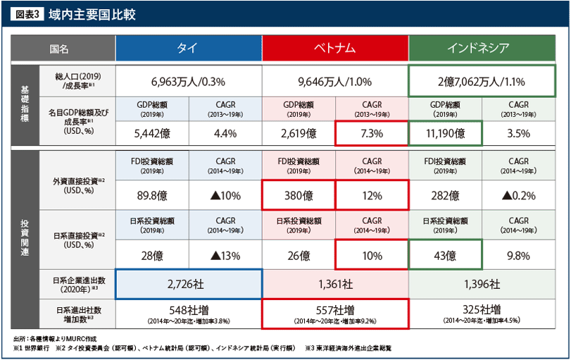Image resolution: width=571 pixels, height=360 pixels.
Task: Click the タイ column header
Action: coord(188,48)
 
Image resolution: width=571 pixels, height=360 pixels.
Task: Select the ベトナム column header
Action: coord(335,48)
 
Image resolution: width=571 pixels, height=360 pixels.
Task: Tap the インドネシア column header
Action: coord(482,48)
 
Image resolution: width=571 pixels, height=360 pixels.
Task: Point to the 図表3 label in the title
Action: coord(27,13)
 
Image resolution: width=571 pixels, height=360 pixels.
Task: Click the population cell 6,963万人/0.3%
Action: coord(188,81)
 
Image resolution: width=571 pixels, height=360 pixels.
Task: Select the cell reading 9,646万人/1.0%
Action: coord(335,81)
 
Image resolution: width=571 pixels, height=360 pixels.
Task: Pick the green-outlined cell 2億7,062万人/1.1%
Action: coord(482,81)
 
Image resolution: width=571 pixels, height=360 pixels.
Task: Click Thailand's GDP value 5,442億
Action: coord(152,132)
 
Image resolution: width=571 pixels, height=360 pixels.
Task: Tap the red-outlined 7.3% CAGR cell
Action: coord(372,132)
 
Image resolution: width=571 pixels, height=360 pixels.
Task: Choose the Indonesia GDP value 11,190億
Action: coord(446,132)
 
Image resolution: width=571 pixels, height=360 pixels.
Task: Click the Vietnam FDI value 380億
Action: coord(299,195)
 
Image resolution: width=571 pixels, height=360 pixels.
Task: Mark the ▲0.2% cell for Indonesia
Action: coord(519,195)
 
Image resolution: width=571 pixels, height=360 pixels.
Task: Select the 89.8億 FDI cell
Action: coord(152,195)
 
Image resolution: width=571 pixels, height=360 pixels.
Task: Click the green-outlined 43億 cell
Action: coord(446,255)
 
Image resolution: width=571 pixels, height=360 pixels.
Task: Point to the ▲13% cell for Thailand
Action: coord(225,255)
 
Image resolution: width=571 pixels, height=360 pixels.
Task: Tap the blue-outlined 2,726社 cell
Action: coord(188,284)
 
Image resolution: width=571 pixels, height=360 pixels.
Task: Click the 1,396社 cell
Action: coord(482,284)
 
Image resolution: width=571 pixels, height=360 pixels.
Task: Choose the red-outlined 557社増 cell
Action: coord(335,314)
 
